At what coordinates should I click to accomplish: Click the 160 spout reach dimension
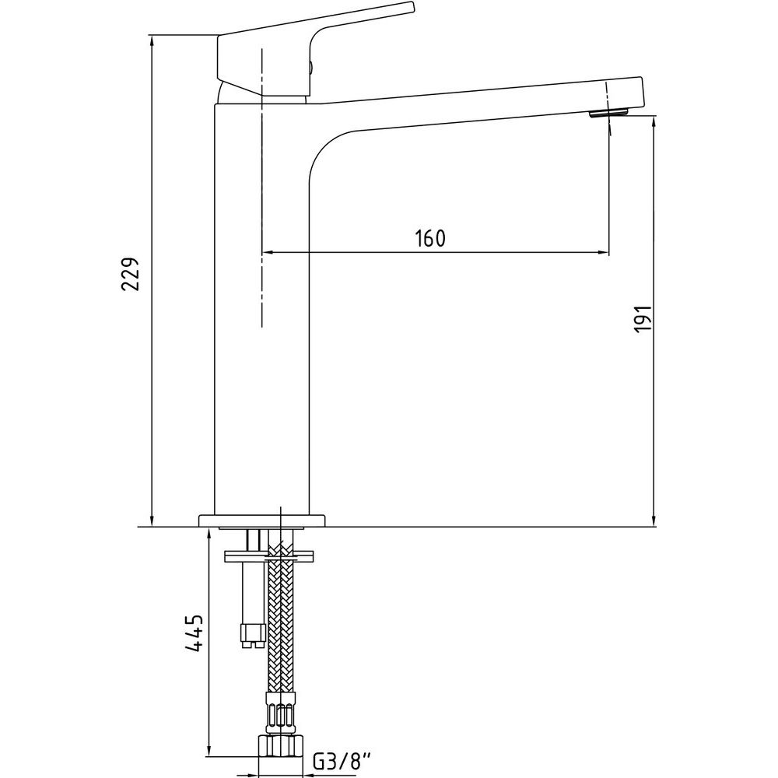tap(430, 239)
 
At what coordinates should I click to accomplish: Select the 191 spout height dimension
tap(643, 318)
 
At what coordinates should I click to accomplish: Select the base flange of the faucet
tap(262, 520)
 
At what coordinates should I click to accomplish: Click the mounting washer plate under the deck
tap(269, 555)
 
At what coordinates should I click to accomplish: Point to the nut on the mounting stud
tap(253, 636)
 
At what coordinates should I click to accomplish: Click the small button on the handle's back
tap(312, 65)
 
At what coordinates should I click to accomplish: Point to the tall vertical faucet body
tap(261, 307)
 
